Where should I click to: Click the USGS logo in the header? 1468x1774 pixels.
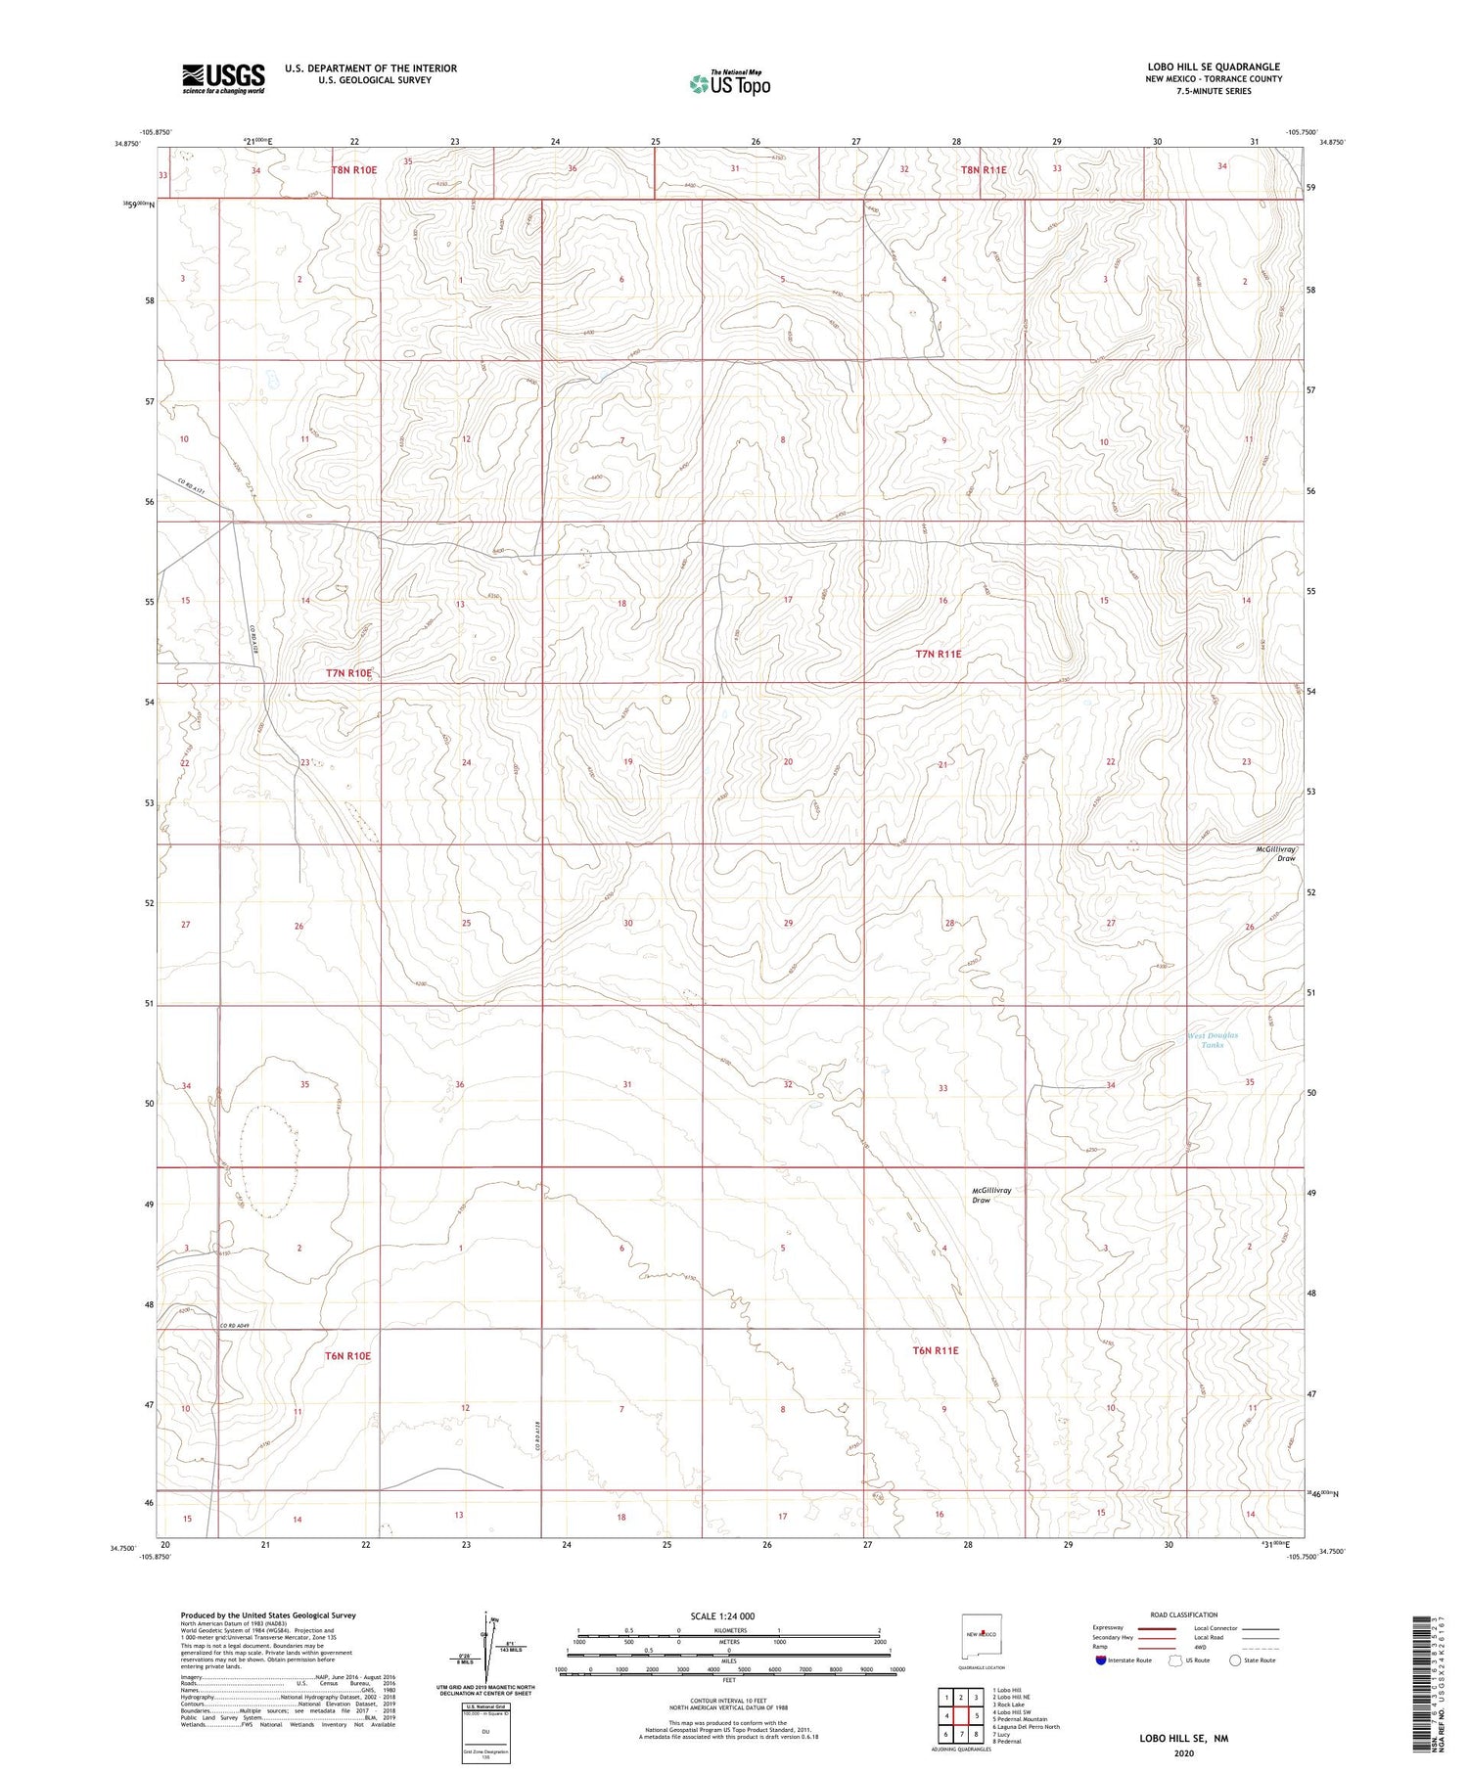point(223,78)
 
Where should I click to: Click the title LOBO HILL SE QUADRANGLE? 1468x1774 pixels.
point(1214,67)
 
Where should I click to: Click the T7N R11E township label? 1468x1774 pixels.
point(938,653)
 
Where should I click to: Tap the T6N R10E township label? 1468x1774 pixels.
point(348,1356)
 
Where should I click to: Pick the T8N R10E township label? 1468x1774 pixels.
point(354,169)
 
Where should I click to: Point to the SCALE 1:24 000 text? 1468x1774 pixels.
point(722,1615)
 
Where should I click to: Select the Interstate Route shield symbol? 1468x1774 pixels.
point(1101,1660)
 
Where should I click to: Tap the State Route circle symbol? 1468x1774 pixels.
point(1236,1660)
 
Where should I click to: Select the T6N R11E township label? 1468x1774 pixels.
point(936,1350)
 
